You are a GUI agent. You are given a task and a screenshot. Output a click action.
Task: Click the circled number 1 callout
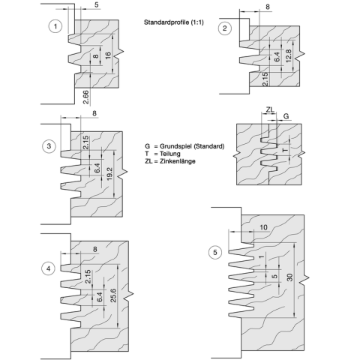[55, 26]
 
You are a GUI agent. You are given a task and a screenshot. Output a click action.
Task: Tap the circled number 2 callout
[225, 28]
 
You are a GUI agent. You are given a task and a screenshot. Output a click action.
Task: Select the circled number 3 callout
[49, 146]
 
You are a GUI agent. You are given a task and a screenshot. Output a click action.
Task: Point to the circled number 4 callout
[48, 268]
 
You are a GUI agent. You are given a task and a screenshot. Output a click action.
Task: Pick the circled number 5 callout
[215, 253]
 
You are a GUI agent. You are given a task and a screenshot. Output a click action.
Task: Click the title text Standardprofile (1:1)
[174, 22]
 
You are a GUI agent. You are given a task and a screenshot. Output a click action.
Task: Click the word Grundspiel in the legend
[176, 146]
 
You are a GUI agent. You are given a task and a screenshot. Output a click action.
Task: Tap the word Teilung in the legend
[170, 154]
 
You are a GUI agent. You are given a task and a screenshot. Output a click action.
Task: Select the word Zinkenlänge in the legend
[178, 161]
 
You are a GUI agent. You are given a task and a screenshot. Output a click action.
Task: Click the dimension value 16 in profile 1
[108, 55]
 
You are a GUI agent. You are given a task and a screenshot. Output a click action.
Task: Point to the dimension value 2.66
[85, 97]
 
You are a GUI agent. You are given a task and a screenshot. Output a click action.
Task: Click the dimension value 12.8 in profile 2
[288, 56]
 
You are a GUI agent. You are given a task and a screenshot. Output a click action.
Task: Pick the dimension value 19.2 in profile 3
[109, 174]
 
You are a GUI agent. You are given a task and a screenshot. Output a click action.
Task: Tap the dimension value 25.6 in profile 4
[113, 295]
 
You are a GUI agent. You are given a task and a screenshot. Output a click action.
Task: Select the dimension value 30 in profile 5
[289, 277]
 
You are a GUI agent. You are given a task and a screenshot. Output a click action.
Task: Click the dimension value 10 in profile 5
[263, 227]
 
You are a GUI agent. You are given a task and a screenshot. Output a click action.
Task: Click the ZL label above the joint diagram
[270, 109]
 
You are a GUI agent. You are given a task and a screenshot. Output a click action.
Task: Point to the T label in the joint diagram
[285, 150]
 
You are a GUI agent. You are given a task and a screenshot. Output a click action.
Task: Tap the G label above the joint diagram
[286, 116]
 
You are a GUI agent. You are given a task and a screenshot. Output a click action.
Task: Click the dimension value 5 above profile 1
[97, 4]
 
